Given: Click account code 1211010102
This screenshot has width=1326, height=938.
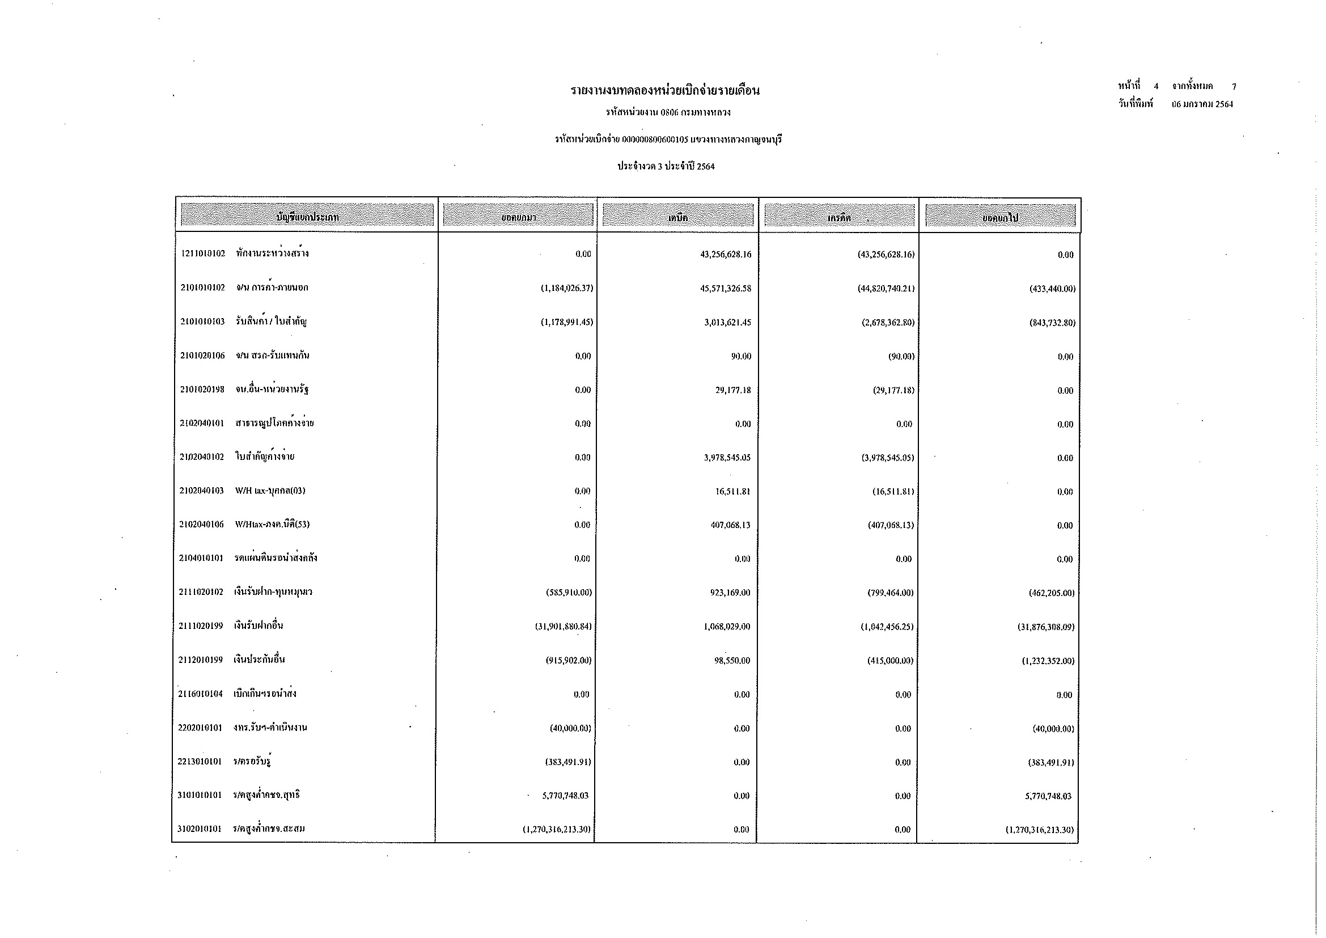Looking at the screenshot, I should (203, 253).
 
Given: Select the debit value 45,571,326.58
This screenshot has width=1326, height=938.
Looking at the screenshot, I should (726, 288).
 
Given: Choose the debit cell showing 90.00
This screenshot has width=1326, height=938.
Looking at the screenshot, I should (741, 356).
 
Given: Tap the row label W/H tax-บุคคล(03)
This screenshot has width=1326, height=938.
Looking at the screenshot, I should (270, 491).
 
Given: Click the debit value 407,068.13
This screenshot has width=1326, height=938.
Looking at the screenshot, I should (730, 525).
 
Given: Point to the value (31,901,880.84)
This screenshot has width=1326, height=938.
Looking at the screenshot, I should (563, 627).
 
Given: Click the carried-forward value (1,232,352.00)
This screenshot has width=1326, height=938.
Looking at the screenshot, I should (1048, 661).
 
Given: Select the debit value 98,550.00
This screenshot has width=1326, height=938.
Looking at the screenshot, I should (732, 661).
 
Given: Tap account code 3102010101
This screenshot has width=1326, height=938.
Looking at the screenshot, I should (199, 830).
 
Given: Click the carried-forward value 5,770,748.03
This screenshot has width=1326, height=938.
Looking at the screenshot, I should (1048, 796).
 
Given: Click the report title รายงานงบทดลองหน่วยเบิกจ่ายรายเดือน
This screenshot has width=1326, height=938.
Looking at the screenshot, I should (665, 91).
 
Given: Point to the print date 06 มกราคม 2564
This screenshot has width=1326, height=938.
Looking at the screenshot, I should (1202, 104).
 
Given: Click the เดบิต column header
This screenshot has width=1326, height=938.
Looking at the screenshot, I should (677, 218).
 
